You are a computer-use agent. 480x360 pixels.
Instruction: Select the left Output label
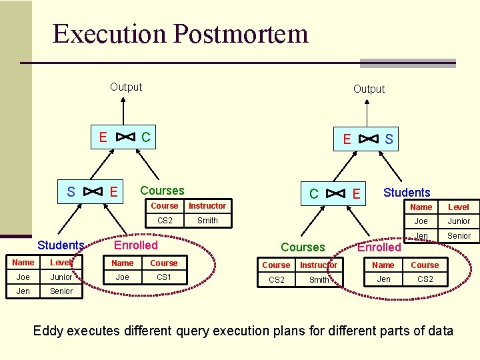pos(126,87)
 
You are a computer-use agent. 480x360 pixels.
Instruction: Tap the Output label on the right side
pos(369,89)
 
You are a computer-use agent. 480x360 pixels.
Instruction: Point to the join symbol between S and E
pos(92,192)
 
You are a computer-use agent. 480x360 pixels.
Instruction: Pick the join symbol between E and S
pos(368,139)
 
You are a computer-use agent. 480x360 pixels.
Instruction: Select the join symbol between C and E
pos(336,194)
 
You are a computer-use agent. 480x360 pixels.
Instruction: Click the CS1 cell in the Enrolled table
pos(163,277)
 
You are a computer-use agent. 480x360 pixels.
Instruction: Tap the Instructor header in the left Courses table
pos(207,206)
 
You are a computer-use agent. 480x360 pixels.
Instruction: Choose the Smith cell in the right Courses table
pos(319,280)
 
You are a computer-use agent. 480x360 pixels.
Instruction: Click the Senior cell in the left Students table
pos(61,291)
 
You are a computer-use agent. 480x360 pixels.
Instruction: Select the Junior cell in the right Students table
pos(459,221)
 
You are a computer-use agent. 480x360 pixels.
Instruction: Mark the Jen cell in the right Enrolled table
pos(383,279)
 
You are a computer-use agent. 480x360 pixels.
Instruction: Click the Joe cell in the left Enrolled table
pos(123,277)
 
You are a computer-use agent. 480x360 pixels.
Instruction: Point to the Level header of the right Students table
pos(459,207)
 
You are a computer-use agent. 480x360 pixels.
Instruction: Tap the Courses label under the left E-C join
pos(162,191)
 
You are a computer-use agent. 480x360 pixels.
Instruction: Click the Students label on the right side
pos(407,193)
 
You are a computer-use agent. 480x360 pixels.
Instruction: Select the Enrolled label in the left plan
pos(136,245)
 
